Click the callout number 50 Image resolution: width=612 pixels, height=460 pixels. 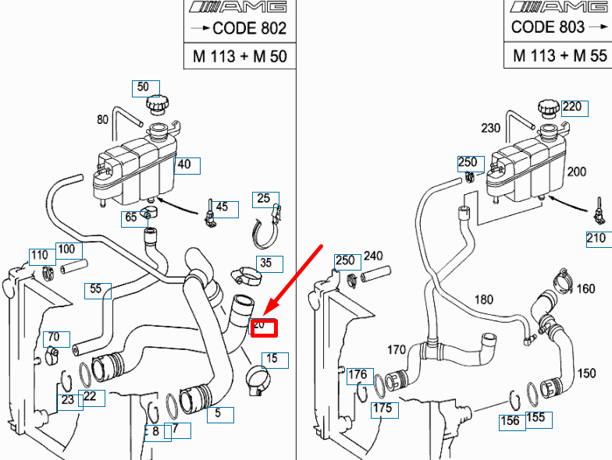(144, 87)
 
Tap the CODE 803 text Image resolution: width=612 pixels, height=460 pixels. (547, 27)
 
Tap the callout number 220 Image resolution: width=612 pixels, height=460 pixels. (572, 107)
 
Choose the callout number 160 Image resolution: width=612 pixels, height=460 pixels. (586, 289)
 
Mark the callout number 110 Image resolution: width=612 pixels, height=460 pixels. (40, 255)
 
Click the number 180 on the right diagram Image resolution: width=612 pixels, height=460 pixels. (484, 300)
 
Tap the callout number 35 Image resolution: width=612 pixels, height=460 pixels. (267, 264)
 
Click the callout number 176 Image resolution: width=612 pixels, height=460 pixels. (358, 376)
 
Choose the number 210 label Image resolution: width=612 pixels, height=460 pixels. (596, 237)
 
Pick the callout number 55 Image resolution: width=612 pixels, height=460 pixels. (97, 289)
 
